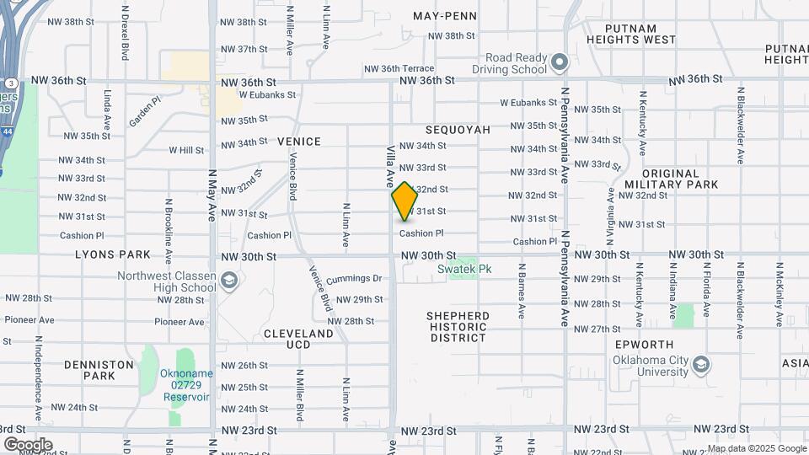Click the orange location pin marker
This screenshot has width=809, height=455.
(x=404, y=201)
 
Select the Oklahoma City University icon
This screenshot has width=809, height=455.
(x=701, y=365)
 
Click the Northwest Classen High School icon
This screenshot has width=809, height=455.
(x=228, y=281)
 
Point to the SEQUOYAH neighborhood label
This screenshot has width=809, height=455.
(x=458, y=130)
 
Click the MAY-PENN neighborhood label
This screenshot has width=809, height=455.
(x=445, y=16)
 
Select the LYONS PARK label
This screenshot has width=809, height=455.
(x=112, y=254)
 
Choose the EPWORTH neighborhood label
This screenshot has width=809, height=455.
(x=645, y=345)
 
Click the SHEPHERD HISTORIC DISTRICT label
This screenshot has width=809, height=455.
(x=458, y=327)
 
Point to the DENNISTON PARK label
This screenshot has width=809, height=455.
(x=99, y=370)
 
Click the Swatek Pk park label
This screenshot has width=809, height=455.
(x=464, y=270)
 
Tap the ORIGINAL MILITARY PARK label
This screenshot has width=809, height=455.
(x=671, y=179)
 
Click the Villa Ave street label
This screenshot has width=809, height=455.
(x=391, y=165)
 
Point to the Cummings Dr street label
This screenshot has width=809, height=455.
(x=354, y=278)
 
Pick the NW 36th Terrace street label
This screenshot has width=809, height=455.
(x=399, y=68)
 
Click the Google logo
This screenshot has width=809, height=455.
(x=28, y=445)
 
